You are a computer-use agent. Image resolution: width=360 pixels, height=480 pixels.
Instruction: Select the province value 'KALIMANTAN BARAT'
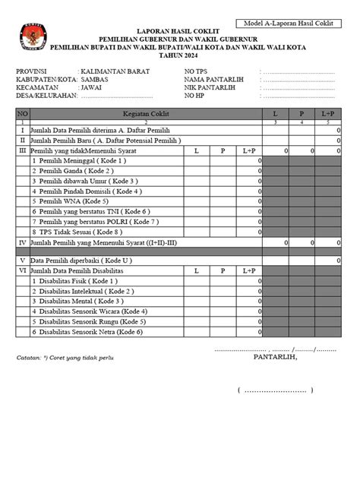(115, 71)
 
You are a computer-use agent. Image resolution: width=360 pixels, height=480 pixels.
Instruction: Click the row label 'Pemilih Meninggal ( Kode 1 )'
(81, 161)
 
